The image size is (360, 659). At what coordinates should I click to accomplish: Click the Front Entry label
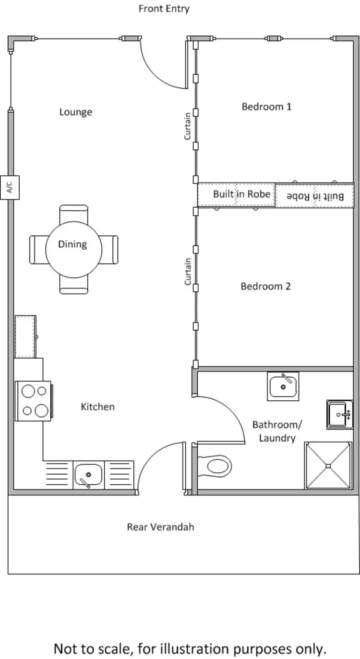(164, 9)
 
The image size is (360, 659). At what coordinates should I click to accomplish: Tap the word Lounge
(75, 112)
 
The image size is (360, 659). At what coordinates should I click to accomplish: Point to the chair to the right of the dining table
(109, 250)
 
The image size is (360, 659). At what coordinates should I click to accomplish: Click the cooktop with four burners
(34, 400)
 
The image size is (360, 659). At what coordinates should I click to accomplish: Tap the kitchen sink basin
(88, 475)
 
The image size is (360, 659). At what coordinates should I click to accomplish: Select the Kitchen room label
(97, 407)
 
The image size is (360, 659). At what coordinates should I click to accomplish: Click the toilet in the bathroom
(216, 466)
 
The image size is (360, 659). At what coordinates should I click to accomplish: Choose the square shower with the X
(328, 465)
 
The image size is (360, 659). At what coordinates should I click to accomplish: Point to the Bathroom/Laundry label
(277, 431)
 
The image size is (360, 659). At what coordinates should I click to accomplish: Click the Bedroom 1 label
(266, 107)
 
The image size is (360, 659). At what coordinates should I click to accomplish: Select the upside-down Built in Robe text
(315, 196)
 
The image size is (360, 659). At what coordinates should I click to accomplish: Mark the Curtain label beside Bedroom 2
(188, 272)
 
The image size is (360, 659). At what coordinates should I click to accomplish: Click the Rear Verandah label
(160, 527)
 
